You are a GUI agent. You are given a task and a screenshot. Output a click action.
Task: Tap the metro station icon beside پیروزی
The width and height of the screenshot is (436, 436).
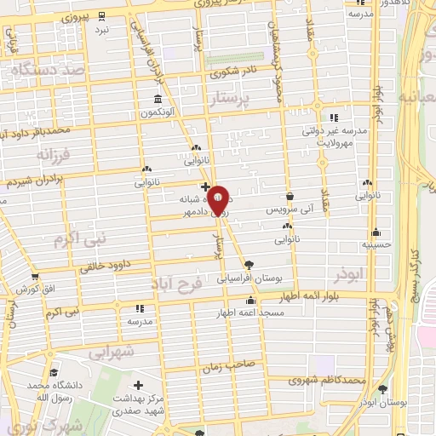102,16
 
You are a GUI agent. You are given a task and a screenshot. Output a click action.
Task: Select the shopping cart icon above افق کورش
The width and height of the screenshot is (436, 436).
34,277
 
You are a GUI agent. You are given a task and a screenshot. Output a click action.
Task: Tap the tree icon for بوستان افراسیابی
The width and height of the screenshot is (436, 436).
248,265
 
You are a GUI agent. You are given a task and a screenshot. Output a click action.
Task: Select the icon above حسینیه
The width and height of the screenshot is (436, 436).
376,232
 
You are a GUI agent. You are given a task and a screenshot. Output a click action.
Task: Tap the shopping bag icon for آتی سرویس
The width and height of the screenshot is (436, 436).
290,196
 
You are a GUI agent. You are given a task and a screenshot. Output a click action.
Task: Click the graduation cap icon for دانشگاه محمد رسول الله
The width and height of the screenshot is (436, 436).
55,372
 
